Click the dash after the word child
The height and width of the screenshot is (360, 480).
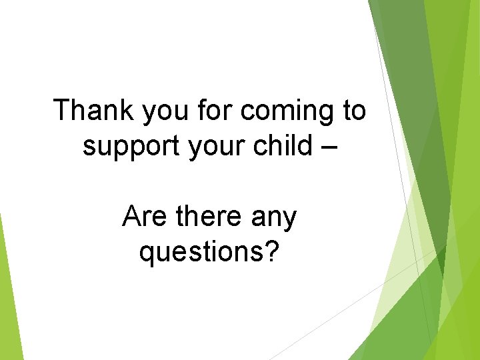[327, 147]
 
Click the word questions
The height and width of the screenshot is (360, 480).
[200, 252]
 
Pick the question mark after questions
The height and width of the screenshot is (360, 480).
[271, 250]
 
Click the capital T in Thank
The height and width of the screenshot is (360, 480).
[61, 110]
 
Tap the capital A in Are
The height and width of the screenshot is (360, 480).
[131, 217]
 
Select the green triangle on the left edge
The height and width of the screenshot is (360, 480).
[8, 293]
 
